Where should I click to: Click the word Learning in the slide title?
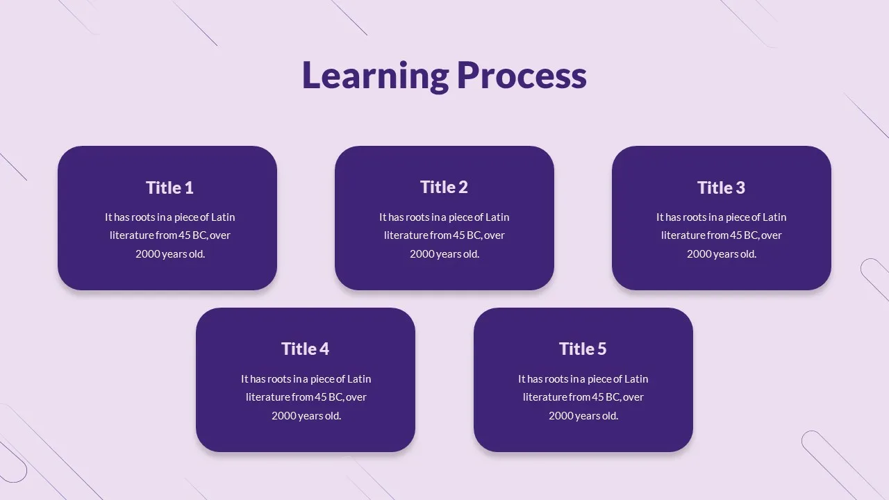pyautogui.click(x=376, y=76)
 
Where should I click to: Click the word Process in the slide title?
pyautogui.click(x=522, y=76)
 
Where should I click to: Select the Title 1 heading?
pyautogui.click(x=169, y=187)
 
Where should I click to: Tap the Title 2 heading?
pyautogui.click(x=444, y=187)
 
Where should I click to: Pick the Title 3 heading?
pyautogui.click(x=721, y=187)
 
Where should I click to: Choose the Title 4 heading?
pyautogui.click(x=305, y=349)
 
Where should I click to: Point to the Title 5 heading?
pyautogui.click(x=583, y=349)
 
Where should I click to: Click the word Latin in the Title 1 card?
pyautogui.click(x=223, y=217)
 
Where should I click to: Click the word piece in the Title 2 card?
pyautogui.click(x=460, y=217)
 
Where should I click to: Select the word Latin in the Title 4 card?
pyautogui.click(x=359, y=379)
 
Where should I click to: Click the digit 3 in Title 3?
pyautogui.click(x=740, y=187)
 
